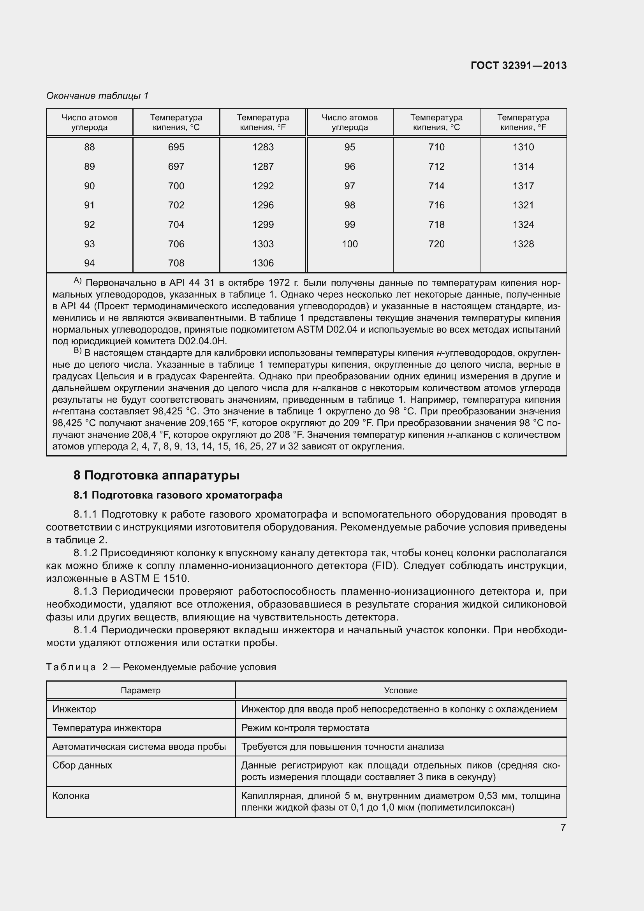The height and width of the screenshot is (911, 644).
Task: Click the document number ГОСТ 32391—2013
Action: pyautogui.click(x=518, y=65)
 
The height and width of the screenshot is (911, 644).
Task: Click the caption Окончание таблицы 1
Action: pyautogui.click(x=97, y=96)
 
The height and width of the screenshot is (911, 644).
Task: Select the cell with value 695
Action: pyautogui.click(x=176, y=147)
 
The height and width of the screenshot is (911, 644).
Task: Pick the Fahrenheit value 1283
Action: pyautogui.click(x=263, y=147)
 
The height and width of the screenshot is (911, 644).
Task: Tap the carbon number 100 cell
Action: pyautogui.click(x=349, y=244)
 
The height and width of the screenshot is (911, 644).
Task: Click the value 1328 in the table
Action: pyautogui.click(x=523, y=244)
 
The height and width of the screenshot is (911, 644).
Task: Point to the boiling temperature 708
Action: pyautogui.click(x=176, y=263)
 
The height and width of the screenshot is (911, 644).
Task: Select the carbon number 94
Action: pyautogui.click(x=89, y=263)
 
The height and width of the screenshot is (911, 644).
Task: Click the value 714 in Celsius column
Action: pyautogui.click(x=436, y=186)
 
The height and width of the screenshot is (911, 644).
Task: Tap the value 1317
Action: pyautogui.click(x=523, y=186)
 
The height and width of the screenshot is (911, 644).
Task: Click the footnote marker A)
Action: pyautogui.click(x=77, y=281)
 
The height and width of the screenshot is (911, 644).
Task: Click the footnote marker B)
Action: pyautogui.click(x=77, y=351)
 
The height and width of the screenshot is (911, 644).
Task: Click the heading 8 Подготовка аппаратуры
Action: pyautogui.click(x=157, y=475)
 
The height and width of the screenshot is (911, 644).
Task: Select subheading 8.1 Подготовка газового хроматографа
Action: pyautogui.click(x=178, y=495)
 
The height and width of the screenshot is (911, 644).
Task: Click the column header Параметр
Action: pyautogui.click(x=141, y=691)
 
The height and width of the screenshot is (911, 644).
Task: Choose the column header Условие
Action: pyautogui.click(x=401, y=691)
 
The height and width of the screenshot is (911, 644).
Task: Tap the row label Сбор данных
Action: pyautogui.click(x=82, y=765)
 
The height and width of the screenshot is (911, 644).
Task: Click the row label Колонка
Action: pyautogui.click(x=70, y=796)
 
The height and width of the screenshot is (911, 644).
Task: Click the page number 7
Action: pyautogui.click(x=563, y=828)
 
